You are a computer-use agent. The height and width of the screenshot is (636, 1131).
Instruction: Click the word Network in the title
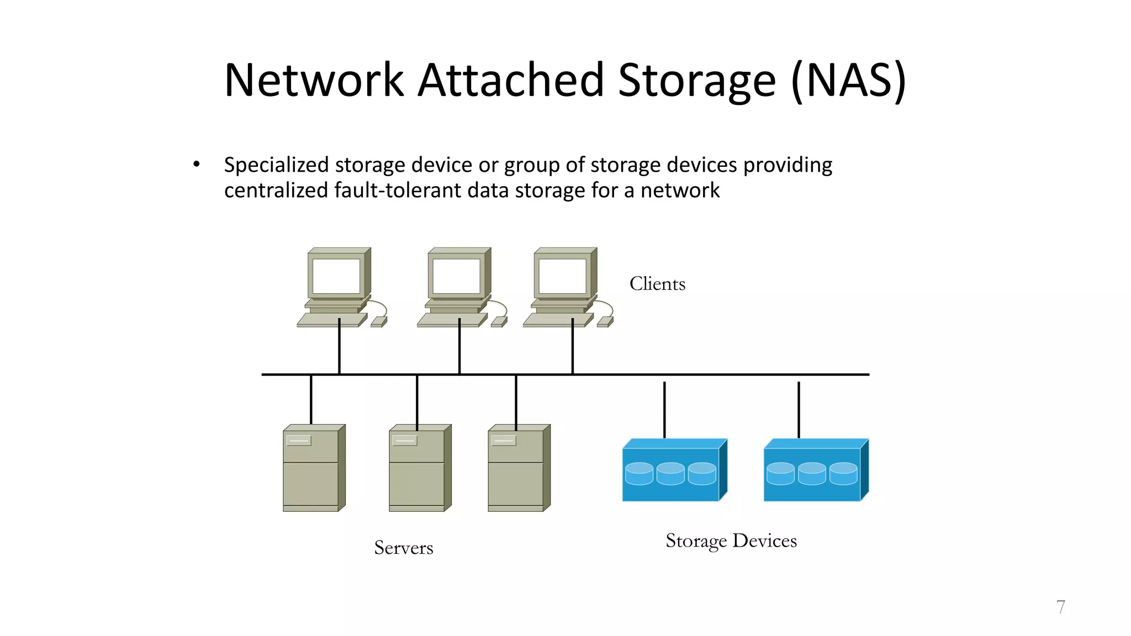[x=314, y=81]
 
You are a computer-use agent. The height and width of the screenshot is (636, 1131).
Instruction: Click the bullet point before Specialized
[x=196, y=165]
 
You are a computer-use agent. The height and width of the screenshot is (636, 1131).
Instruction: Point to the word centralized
[x=276, y=190]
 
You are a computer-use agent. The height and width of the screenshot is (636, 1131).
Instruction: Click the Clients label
[x=657, y=284]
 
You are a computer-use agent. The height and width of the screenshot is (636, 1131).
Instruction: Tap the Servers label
[x=404, y=548]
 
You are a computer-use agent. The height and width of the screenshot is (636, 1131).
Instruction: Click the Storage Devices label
[x=731, y=540]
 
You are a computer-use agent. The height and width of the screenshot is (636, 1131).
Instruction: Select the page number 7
[x=1060, y=607]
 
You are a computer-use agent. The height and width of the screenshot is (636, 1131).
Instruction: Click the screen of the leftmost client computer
[x=336, y=276]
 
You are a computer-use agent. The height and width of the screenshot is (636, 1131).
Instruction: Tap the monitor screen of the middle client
[x=456, y=276]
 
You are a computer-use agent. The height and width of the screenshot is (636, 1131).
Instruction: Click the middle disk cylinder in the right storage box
[x=812, y=474]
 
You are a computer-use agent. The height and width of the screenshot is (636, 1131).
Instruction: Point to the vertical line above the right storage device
[x=799, y=409]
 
